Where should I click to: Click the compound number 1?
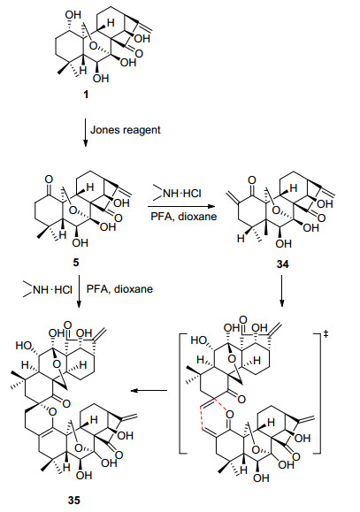pos(86,95)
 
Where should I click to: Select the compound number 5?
pos(76,263)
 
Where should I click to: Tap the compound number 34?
pos(282,264)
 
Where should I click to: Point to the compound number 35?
pos(74,500)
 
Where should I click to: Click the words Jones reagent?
pos(126,130)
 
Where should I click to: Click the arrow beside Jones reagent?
pos(85,133)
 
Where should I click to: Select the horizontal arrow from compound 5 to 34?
pos(180,206)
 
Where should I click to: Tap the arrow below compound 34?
pos(282,291)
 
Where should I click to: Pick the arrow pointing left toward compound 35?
pos(149,390)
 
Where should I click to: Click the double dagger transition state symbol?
pos(326,334)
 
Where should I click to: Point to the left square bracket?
pos(182,394)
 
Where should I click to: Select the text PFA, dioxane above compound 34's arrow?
pos(184,216)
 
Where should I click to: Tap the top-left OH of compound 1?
pos(73,15)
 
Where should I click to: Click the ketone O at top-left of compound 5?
pos(49,180)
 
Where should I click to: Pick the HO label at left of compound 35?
pos(23,345)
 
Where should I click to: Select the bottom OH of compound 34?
pos(283,243)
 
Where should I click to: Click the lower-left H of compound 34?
pos(241,239)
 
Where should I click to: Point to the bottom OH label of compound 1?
pos(101,79)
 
